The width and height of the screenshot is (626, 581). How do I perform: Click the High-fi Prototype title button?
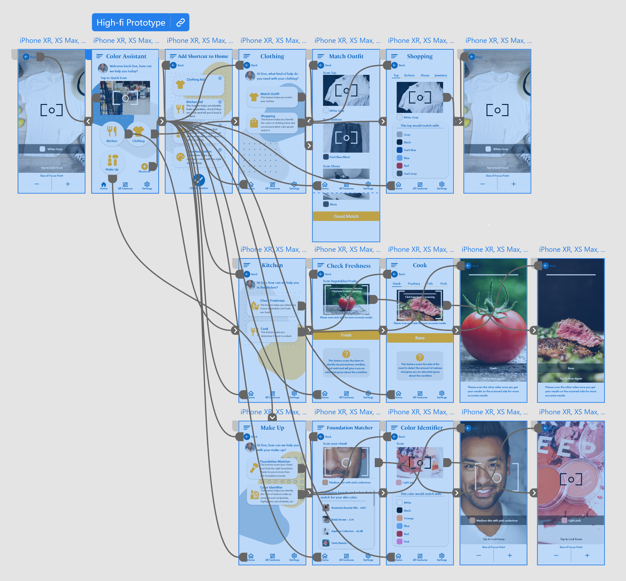click(x=131, y=22)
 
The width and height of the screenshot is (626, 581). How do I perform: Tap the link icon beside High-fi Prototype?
click(x=181, y=22)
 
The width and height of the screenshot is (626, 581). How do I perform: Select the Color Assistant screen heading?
click(x=126, y=56)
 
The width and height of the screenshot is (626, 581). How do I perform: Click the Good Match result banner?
click(x=346, y=216)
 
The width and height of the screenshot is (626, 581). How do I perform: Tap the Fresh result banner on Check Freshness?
click(x=346, y=335)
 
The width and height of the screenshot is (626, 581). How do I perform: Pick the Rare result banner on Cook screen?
click(x=420, y=338)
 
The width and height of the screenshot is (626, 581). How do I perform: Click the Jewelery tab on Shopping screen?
click(x=440, y=76)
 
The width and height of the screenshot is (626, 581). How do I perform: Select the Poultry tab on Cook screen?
click(x=414, y=284)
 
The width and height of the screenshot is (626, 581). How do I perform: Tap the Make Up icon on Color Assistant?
click(x=112, y=161)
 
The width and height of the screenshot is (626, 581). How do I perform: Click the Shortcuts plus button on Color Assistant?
click(x=144, y=166)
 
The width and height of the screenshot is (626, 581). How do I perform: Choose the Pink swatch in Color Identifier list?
click(x=400, y=542)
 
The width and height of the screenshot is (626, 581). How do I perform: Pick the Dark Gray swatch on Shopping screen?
click(x=400, y=174)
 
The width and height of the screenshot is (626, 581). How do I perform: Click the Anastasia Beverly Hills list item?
click(x=348, y=508)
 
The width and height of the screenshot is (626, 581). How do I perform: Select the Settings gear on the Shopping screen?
click(x=442, y=185)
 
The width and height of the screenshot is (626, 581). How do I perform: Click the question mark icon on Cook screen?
click(x=420, y=357)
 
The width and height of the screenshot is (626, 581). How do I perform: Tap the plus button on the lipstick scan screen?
click(x=587, y=555)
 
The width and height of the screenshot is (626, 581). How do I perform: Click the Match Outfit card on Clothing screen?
click(x=272, y=97)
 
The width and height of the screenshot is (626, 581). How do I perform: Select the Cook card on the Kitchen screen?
click(x=272, y=332)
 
